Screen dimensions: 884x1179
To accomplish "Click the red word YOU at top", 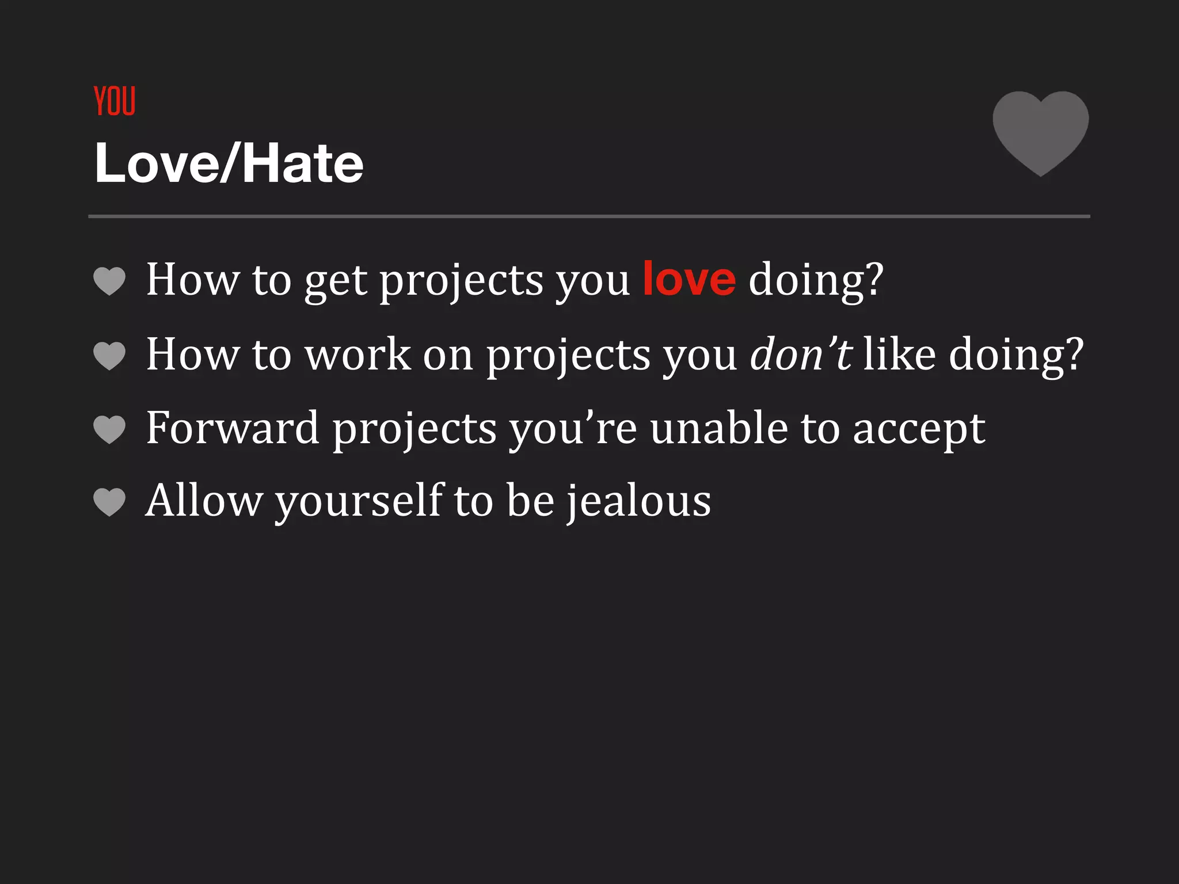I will pyautogui.click(x=115, y=101).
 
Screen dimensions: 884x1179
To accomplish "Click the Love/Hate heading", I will pyautogui.click(x=229, y=164).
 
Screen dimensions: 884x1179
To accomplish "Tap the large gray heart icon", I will pyautogui.click(x=1040, y=131).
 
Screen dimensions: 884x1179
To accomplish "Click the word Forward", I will pyautogui.click(x=233, y=428).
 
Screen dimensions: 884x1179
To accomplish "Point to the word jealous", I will pyautogui.click(x=639, y=501).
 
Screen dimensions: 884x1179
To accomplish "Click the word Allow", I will pyautogui.click(x=204, y=501).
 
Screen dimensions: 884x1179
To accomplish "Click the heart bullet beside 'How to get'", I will pyautogui.click(x=109, y=281).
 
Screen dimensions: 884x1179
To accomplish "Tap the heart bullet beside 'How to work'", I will pyautogui.click(x=109, y=355).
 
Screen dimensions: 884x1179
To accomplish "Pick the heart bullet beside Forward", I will pyautogui.click(x=109, y=429).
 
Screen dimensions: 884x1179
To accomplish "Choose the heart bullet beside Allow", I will pyautogui.click(x=109, y=502).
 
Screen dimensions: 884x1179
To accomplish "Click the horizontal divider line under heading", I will pyautogui.click(x=589, y=216).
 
